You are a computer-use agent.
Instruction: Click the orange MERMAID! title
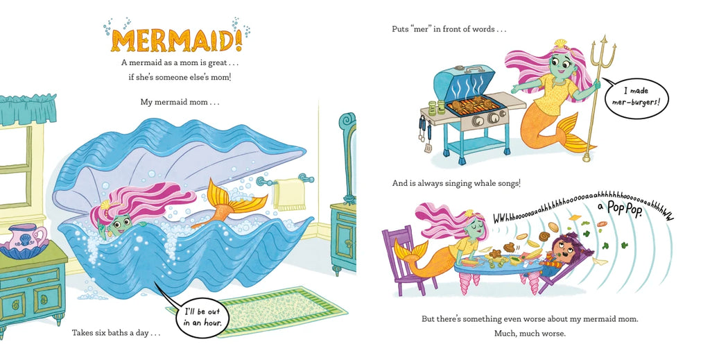pyautogui.click(x=176, y=40)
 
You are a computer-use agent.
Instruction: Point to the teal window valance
pyautogui.click(x=28, y=109)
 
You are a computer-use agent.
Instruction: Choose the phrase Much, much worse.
pyautogui.click(x=530, y=334)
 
